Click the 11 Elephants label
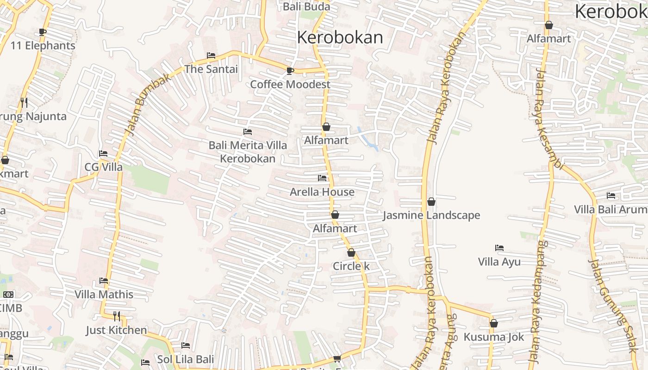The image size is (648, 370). tap(43, 46)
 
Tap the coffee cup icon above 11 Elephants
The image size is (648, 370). tap(43, 32)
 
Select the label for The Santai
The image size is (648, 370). tap(211, 69)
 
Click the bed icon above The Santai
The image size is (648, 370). tap(211, 55)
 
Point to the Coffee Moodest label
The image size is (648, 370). tap(290, 84)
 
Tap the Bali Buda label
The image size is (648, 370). tap(306, 6)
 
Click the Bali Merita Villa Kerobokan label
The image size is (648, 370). tap(248, 152)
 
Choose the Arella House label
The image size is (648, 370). tap(322, 191)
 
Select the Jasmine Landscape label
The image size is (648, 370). tap(431, 215)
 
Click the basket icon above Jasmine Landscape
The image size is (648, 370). tap(431, 202)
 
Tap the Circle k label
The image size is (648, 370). tap(351, 266)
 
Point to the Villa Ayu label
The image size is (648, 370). tap(499, 262)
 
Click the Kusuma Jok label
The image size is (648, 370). tap(494, 337)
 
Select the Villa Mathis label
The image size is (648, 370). tap(104, 294)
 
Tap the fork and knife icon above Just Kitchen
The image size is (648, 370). tap(117, 316)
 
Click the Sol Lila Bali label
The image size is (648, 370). tap(186, 359)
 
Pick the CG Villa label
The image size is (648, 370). tap(103, 167)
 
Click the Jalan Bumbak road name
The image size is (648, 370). tap(149, 105)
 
